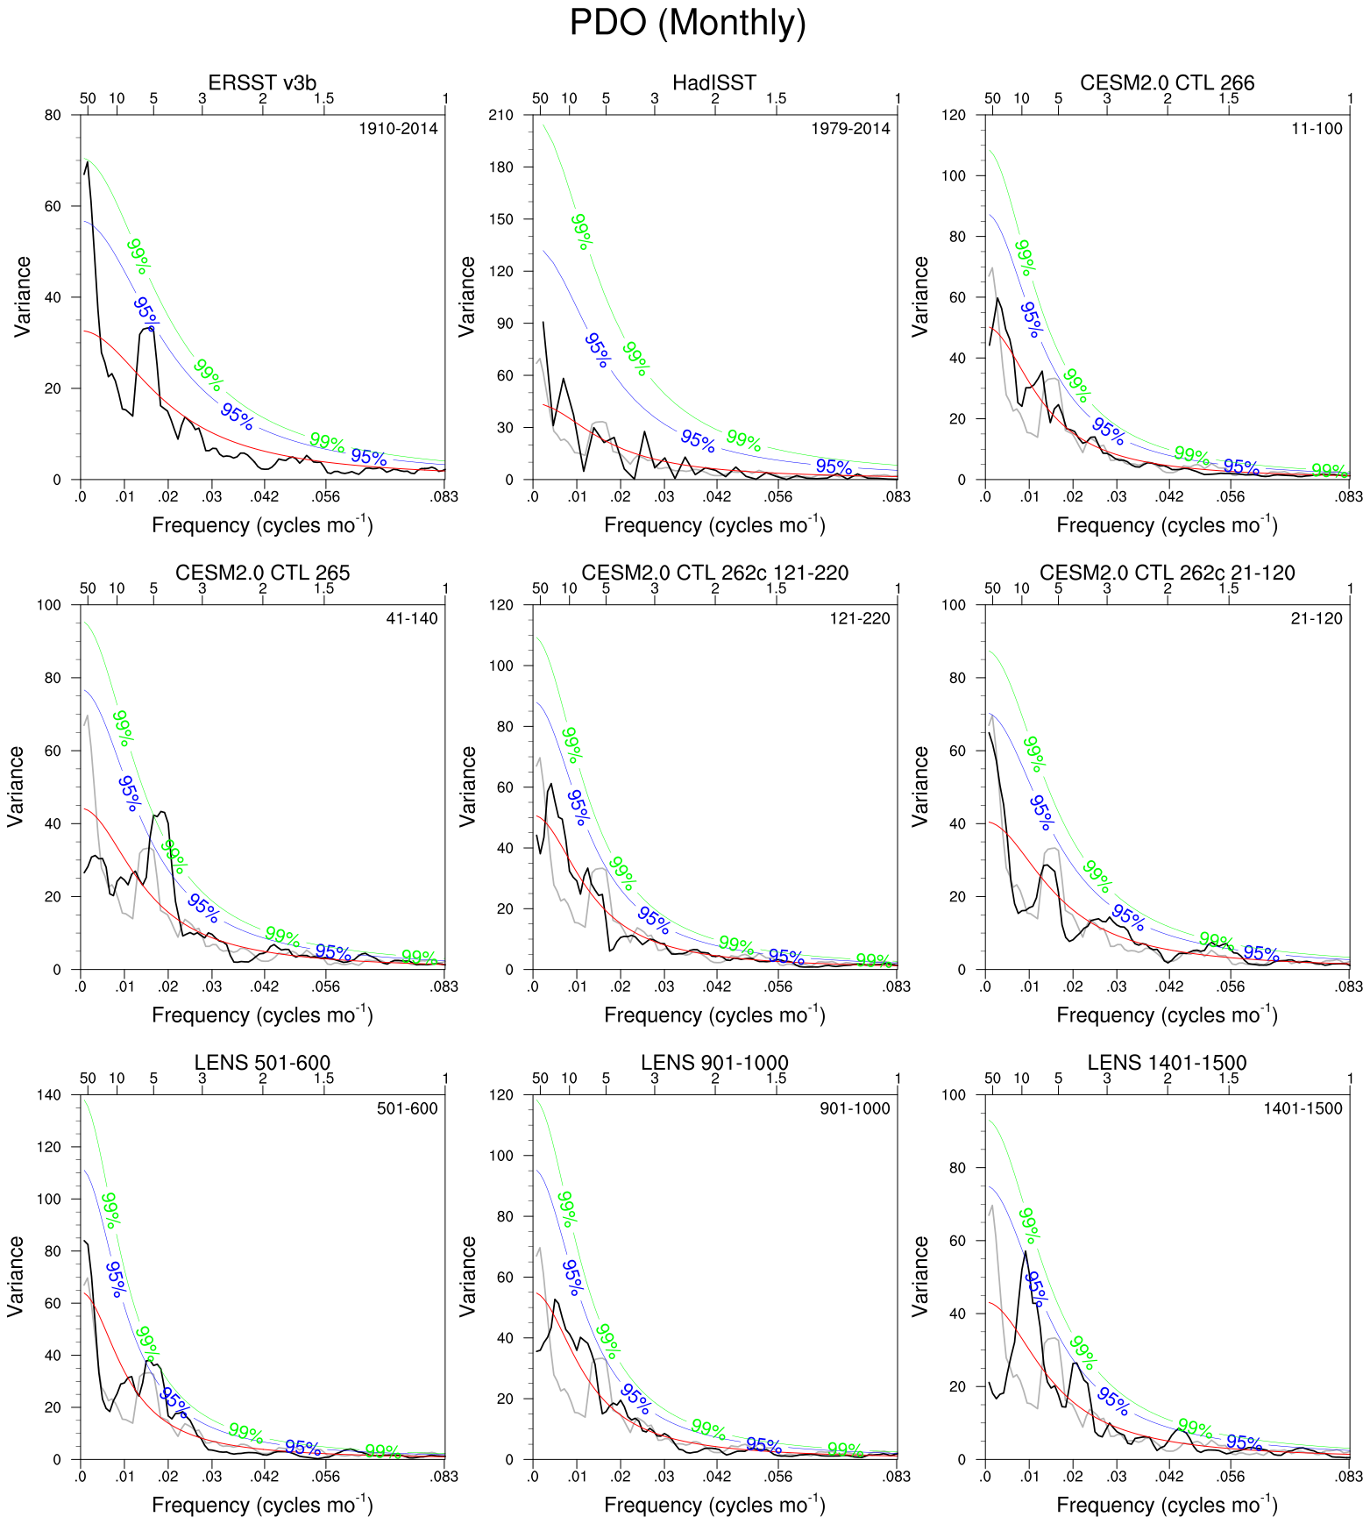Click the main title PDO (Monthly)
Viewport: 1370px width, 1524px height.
687,23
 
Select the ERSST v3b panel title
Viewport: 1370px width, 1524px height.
262,82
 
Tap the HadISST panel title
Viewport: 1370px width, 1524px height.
713,82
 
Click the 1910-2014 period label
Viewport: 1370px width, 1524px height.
398,129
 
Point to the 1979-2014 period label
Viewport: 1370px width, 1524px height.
850,129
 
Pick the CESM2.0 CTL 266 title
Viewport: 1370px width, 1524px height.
1167,82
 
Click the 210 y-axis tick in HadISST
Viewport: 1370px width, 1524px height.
502,115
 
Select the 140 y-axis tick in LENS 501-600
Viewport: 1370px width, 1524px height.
50,1095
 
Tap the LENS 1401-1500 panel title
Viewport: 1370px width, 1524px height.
1167,1063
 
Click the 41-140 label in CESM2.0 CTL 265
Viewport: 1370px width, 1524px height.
411,619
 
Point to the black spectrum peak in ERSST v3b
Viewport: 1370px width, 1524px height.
87,162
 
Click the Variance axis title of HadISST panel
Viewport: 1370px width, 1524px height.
466,296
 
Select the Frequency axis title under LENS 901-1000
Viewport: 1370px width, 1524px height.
714,1505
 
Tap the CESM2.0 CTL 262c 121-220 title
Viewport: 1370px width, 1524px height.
714,573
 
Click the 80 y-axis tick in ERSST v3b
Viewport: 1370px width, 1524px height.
53,115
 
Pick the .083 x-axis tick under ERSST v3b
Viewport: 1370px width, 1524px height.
444,496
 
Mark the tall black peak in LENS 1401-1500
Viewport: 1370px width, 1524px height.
1026,1252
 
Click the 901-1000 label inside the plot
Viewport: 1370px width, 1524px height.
855,1109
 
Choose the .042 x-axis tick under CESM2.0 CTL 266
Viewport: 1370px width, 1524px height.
1169,496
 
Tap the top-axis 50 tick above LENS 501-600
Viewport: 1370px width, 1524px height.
88,1079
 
